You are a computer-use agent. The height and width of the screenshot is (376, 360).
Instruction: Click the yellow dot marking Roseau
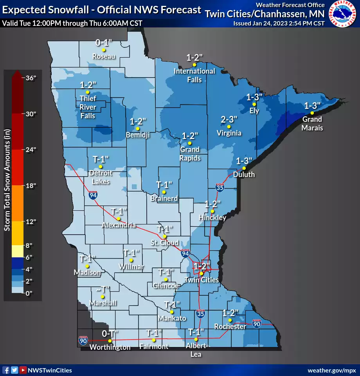(104, 50)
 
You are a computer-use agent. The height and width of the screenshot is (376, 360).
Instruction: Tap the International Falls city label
(194, 75)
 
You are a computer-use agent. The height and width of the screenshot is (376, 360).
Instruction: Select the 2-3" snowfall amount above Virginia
(229, 119)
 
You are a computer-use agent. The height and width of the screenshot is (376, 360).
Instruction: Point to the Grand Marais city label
(312, 123)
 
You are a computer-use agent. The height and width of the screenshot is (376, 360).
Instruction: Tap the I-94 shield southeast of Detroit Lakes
(92, 195)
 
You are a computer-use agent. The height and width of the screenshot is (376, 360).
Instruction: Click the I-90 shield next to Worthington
(83, 340)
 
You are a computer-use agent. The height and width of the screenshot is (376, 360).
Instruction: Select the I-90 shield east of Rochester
(257, 323)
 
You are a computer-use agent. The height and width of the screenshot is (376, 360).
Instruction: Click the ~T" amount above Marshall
(103, 289)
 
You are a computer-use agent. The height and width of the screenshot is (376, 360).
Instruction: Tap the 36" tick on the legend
(31, 78)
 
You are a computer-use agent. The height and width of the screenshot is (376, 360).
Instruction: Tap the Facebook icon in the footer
(5, 370)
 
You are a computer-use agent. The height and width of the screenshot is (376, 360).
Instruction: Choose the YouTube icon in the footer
(23, 370)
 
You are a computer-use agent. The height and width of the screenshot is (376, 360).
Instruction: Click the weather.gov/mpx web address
(331, 370)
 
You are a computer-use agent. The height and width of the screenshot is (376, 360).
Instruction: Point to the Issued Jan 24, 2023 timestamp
(279, 23)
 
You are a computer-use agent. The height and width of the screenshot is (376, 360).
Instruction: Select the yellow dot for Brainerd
(164, 192)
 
